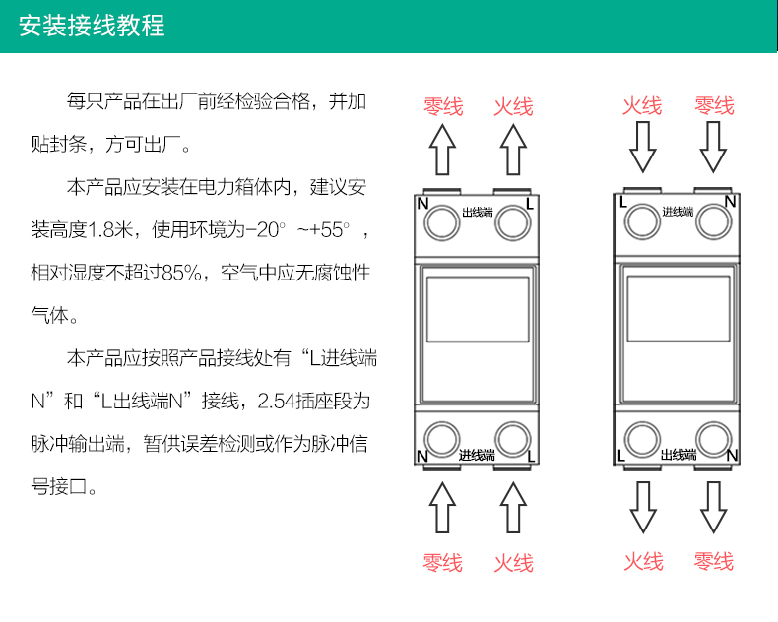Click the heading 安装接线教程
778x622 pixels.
click(x=93, y=26)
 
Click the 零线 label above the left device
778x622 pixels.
click(x=443, y=106)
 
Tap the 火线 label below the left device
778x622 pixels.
click(x=512, y=562)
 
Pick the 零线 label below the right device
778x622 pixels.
click(x=713, y=561)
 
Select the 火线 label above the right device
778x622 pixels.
click(x=642, y=105)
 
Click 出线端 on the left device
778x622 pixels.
click(x=478, y=212)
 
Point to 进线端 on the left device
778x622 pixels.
click(x=477, y=456)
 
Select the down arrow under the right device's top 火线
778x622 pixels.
click(x=642, y=149)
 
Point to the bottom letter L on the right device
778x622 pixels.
click(x=621, y=456)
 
